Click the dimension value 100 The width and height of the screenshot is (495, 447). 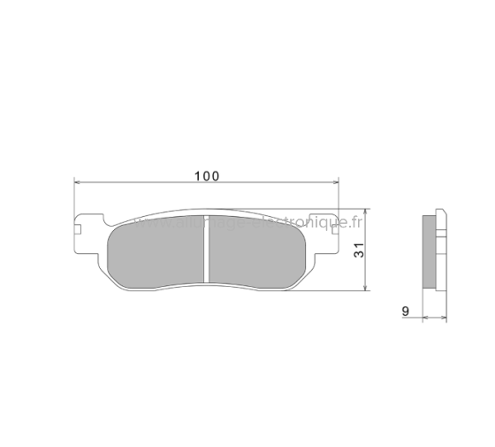point(206,175)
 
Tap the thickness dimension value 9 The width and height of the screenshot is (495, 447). point(405,310)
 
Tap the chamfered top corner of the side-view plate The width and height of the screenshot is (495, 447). point(440,212)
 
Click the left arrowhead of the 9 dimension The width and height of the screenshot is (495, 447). point(423,318)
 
